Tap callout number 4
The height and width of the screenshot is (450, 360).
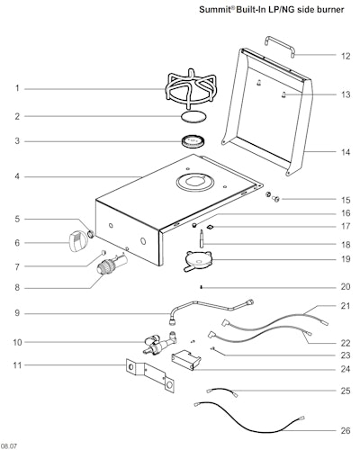tap(16, 176)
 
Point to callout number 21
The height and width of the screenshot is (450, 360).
tap(346, 307)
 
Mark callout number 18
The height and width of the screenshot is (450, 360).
tap(346, 244)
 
